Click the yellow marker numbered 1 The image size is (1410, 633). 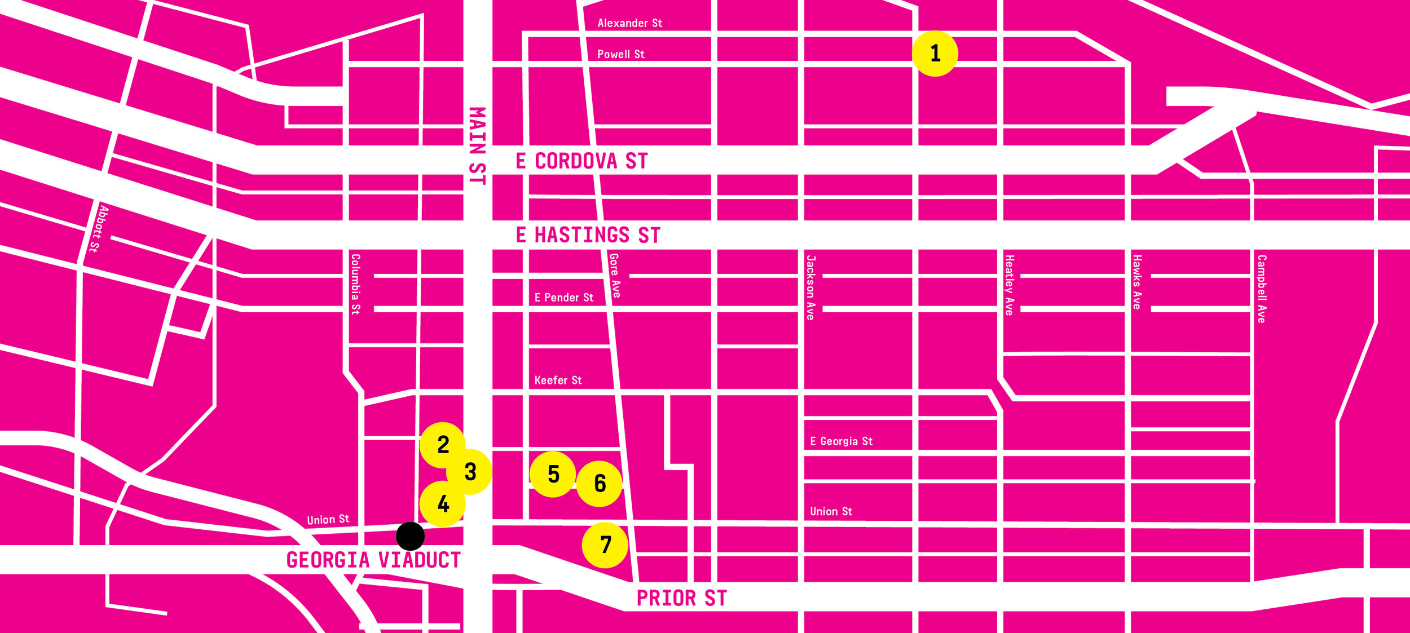click(x=935, y=54)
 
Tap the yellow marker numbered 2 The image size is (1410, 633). click(x=443, y=445)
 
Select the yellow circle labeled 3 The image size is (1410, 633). click(x=470, y=472)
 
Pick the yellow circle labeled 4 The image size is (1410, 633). click(x=443, y=503)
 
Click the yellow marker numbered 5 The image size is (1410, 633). click(x=553, y=474)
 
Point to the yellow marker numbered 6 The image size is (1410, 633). click(x=600, y=484)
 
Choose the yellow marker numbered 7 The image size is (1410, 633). click(x=605, y=545)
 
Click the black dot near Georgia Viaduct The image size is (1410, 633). click(x=410, y=536)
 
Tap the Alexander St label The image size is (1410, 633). click(x=629, y=23)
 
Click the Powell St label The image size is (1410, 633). click(x=620, y=54)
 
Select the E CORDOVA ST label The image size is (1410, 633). click(x=581, y=161)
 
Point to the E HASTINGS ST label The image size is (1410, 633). click(x=588, y=235)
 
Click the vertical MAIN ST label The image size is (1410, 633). click(x=477, y=145)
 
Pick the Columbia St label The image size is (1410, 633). click(x=355, y=284)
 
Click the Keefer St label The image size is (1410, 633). click(x=558, y=380)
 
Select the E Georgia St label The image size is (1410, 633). click(x=841, y=441)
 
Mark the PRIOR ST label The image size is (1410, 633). click(x=681, y=598)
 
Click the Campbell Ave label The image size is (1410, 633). click(x=1262, y=289)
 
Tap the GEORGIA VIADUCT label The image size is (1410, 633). click(x=373, y=560)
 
